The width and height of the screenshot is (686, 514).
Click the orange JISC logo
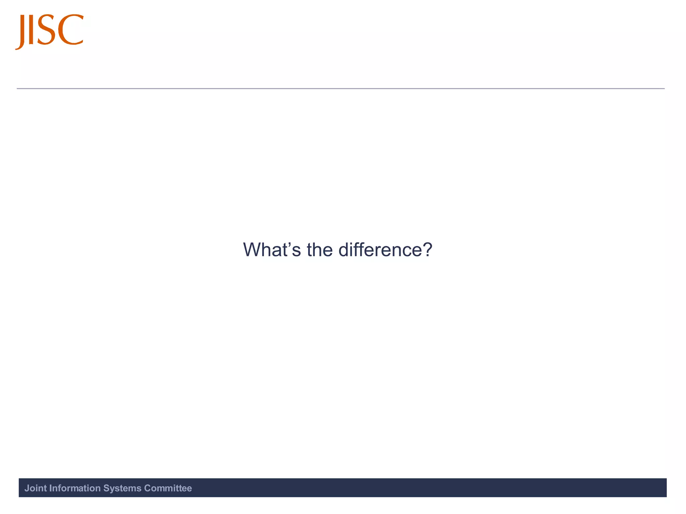pos(50,31)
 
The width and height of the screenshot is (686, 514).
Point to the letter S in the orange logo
pos(47,30)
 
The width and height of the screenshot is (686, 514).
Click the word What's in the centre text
pos(272,250)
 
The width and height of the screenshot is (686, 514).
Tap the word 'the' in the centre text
pos(320,250)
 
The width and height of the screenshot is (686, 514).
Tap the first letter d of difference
pos(344,250)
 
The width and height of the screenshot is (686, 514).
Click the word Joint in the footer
pos(36,488)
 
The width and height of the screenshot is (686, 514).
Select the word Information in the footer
pos(75,488)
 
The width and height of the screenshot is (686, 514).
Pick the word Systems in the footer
pos(122,488)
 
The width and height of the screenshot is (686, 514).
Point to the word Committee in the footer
pos(168,488)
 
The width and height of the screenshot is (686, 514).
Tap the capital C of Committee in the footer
pos(147,488)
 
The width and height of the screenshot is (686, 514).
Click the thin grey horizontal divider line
pos(340,89)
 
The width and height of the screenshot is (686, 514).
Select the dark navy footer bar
pos(402,488)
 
